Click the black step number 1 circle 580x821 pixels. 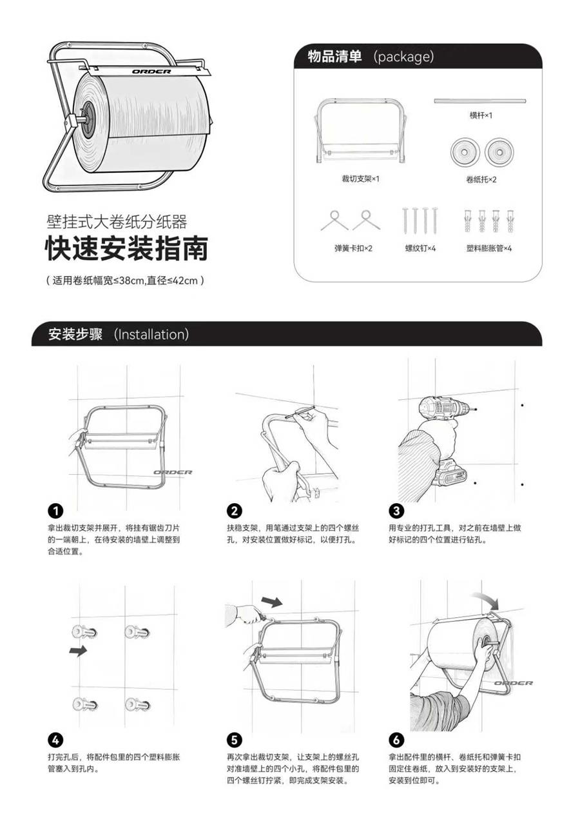55,511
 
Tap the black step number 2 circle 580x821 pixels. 235,511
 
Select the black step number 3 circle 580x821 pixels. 396,511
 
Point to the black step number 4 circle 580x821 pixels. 55,740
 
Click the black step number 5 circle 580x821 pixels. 235,740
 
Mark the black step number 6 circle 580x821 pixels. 396,740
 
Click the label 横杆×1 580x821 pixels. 481,116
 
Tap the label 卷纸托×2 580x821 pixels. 481,179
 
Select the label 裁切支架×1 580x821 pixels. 361,179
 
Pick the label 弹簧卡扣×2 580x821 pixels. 353,248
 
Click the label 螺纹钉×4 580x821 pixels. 420,248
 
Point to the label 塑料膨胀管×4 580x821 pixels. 489,248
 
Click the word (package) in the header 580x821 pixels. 404,57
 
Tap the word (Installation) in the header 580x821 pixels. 151,334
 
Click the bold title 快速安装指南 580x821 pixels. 127,249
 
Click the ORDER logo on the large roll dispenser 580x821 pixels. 151,72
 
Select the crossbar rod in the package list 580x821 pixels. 479,101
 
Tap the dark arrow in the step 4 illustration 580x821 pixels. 78,651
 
